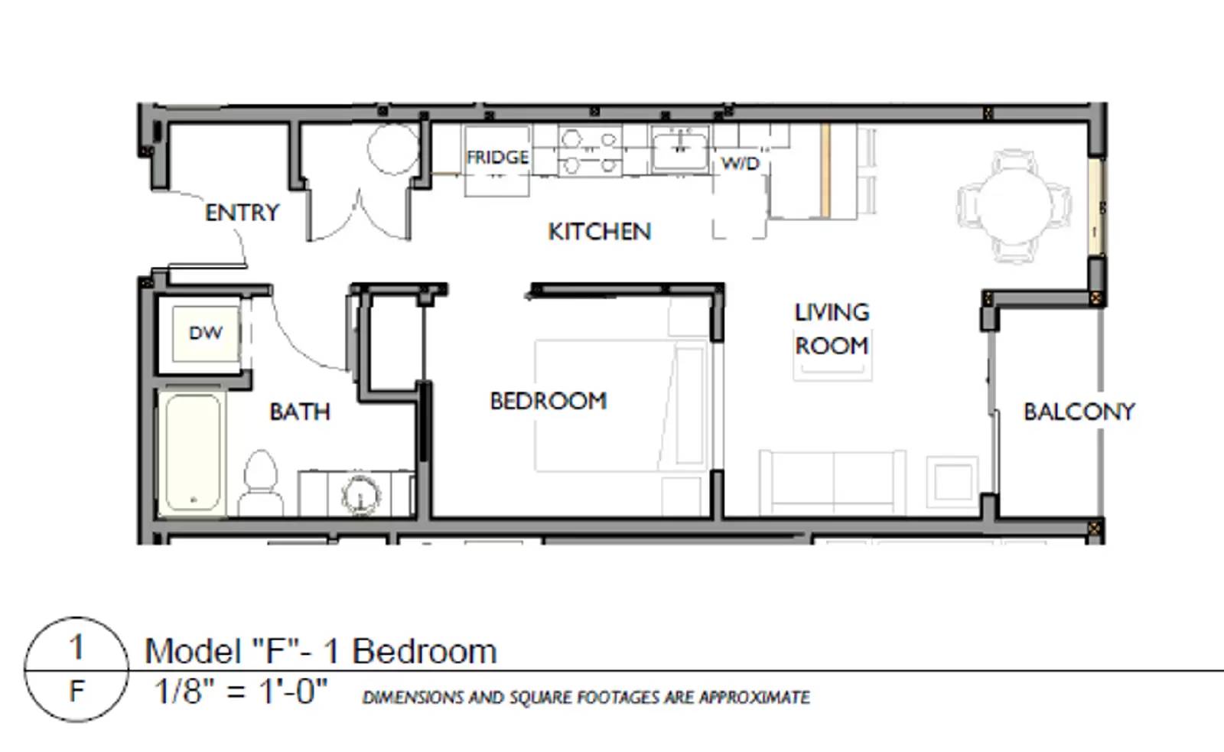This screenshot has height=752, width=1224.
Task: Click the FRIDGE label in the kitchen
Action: (497, 158)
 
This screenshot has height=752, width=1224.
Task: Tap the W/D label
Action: (740, 164)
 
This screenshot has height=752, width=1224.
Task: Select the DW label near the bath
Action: (205, 333)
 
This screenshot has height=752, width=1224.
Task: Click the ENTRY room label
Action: (242, 213)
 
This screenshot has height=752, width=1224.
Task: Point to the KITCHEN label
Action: (599, 232)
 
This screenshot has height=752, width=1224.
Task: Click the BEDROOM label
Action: (548, 401)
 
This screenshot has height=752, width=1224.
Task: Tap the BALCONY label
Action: (1079, 412)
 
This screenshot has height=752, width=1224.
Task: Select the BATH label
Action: (300, 412)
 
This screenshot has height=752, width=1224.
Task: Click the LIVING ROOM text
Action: (832, 329)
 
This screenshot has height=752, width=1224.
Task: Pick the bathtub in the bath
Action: (193, 452)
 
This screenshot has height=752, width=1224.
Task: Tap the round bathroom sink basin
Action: (360, 496)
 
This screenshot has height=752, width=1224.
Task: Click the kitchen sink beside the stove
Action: (679, 149)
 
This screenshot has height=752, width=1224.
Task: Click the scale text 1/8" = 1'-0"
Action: (241, 692)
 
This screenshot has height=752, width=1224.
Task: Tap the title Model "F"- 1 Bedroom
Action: (321, 652)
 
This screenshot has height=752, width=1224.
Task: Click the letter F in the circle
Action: (76, 692)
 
